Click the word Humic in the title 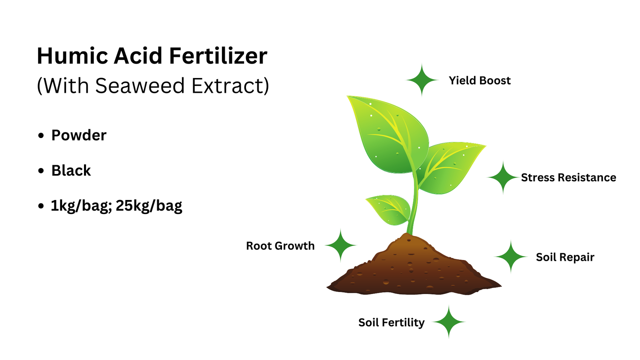[x=72, y=56]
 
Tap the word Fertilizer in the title [x=218, y=56]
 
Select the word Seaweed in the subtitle [x=140, y=86]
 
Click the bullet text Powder [x=79, y=136]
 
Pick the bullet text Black [x=71, y=170]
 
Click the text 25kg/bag [x=149, y=206]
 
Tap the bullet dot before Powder [x=41, y=136]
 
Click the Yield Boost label [x=480, y=80]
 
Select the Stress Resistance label [x=568, y=178]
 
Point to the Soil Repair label [x=565, y=257]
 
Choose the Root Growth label [x=280, y=246]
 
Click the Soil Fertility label [x=392, y=322]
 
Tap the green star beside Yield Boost [x=422, y=80]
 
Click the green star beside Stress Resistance [x=503, y=178]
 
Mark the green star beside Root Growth [x=340, y=245]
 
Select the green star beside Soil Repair [x=511, y=257]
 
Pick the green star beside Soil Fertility [x=448, y=322]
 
